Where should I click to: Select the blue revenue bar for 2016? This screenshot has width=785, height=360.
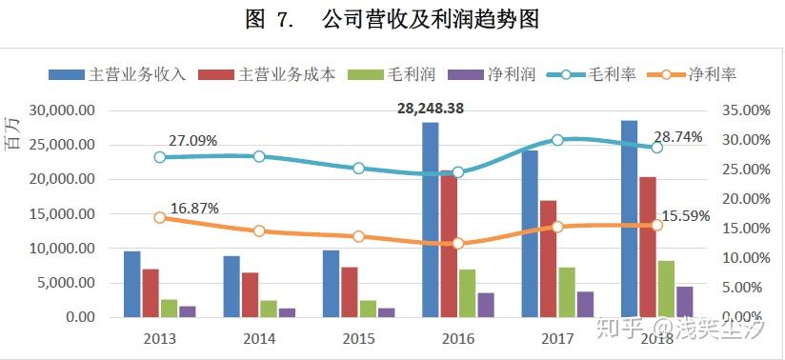point(431,219)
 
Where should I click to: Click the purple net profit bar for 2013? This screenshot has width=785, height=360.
point(187,310)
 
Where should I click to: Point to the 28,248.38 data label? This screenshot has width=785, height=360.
point(431,109)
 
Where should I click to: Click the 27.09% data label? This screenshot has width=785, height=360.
point(193,141)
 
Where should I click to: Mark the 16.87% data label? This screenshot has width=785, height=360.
point(194,208)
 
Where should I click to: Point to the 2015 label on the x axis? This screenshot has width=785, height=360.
point(358,338)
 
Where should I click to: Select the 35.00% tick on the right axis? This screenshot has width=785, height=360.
point(740,110)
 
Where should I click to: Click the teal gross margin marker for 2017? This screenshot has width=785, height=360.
point(557,140)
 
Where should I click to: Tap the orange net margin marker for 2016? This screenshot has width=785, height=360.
point(458,244)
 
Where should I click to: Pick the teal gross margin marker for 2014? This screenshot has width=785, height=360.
point(259,156)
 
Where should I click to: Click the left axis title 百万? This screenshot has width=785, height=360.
point(12,133)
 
